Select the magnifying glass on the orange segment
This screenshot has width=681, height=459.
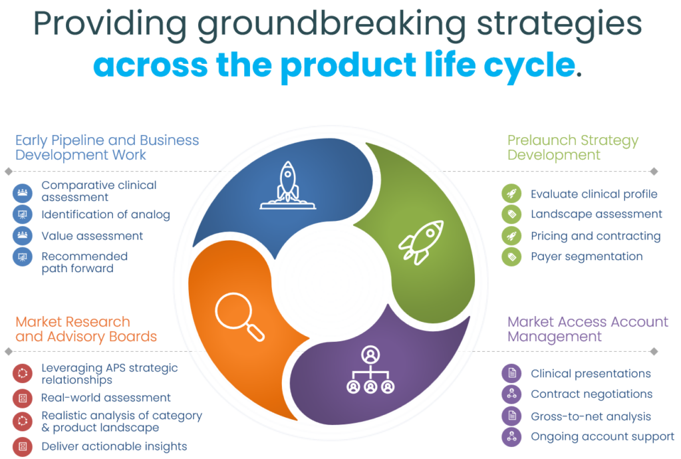pyautogui.click(x=239, y=317)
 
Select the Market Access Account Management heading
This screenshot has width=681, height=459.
pyautogui.click(x=587, y=329)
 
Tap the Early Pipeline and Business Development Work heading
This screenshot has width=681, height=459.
pyautogui.click(x=107, y=148)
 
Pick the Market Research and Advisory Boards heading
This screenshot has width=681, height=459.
pyautogui.click(x=86, y=329)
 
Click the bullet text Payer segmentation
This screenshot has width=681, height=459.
pyautogui.click(x=587, y=256)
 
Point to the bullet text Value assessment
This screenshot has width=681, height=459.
pyautogui.click(x=92, y=235)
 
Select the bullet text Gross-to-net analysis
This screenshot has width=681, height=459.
pyautogui.click(x=591, y=416)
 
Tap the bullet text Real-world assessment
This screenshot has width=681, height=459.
pyautogui.click(x=106, y=398)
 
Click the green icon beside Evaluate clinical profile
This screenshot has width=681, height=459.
pyautogui.click(x=511, y=194)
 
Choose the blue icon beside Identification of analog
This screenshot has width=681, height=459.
pyautogui.click(x=23, y=215)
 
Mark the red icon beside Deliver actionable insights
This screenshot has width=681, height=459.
pyautogui.click(x=23, y=446)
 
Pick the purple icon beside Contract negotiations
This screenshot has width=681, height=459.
pyautogui.click(x=511, y=394)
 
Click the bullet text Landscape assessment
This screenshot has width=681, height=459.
pyautogui.click(x=597, y=214)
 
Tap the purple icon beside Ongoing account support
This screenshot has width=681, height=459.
pyautogui.click(x=511, y=437)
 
